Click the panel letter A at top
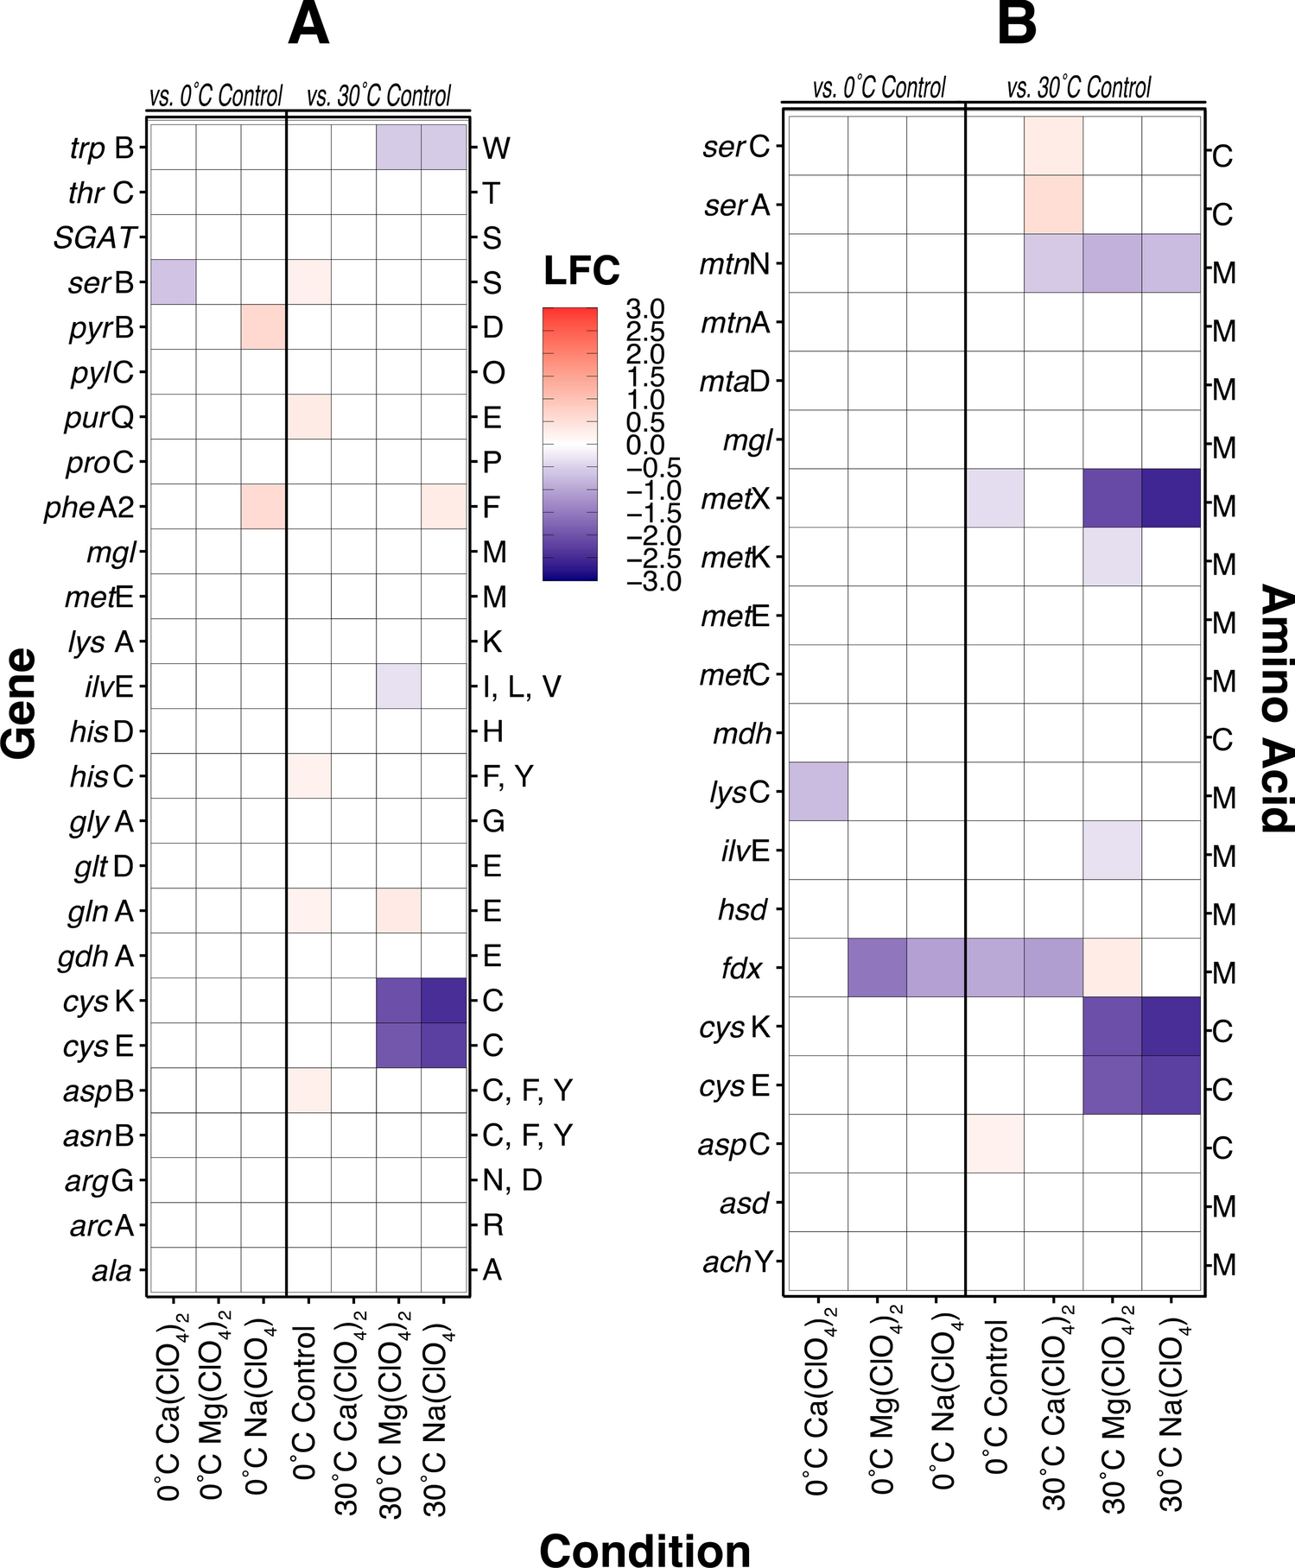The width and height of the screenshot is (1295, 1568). pyautogui.click(x=308, y=25)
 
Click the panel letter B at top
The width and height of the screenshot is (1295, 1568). pyautogui.click(x=1016, y=23)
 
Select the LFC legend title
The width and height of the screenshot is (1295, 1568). pyautogui.click(x=581, y=271)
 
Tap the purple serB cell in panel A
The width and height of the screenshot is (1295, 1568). pyautogui.click(x=174, y=282)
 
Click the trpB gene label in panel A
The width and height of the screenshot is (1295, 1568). pyautogui.click(x=102, y=149)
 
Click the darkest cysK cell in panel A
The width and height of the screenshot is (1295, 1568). pyautogui.click(x=443, y=1001)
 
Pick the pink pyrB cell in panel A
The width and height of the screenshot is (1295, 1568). pyautogui.click(x=263, y=327)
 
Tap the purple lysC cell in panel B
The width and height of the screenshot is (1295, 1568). pyautogui.click(x=818, y=791)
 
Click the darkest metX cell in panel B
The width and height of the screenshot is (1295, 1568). pyautogui.click(x=1171, y=498)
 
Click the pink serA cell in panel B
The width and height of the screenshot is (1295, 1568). pyautogui.click(x=1053, y=205)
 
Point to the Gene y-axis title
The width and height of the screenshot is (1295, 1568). pyautogui.click(x=21, y=703)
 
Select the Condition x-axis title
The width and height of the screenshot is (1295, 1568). pyautogui.click(x=644, y=1549)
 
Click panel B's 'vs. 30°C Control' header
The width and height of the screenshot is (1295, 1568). pyautogui.click(x=1079, y=88)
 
